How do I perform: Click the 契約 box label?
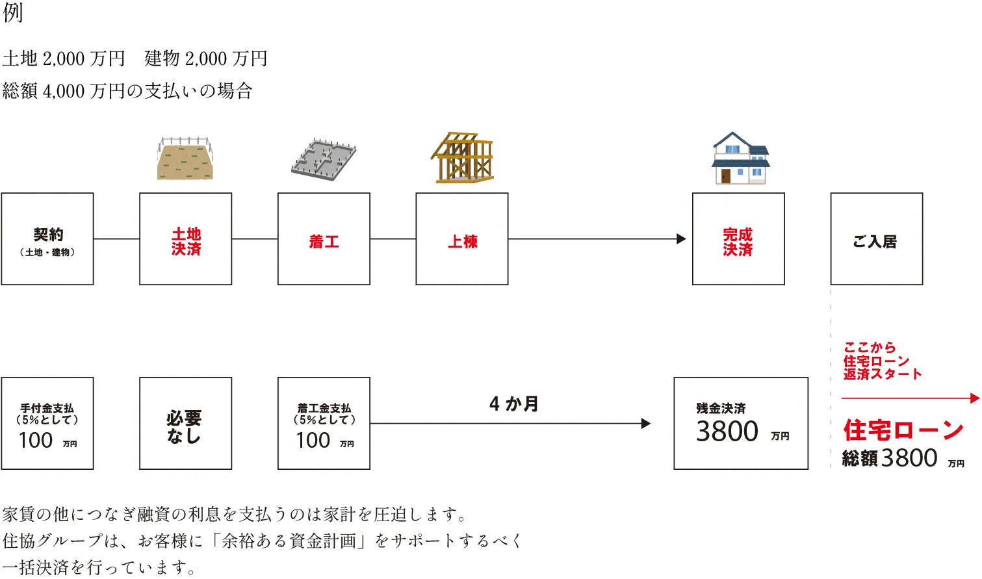48,235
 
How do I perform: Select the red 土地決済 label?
186,241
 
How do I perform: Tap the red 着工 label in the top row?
324,242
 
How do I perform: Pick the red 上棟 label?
462,242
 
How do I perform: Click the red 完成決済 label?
738,242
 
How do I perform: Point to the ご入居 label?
875,242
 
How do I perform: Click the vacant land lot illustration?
185,159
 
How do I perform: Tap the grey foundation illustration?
324,159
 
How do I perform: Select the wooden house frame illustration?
462,157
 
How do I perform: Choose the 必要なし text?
185,426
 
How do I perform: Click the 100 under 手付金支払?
36,441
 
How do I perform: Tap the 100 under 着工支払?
313,441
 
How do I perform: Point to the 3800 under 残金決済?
727,431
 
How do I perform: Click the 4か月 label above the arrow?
513,404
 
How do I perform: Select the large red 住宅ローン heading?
903,430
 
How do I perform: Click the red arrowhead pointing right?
974,398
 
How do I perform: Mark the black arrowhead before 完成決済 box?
681,239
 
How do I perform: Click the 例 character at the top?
13,12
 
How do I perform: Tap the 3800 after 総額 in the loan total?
909,458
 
